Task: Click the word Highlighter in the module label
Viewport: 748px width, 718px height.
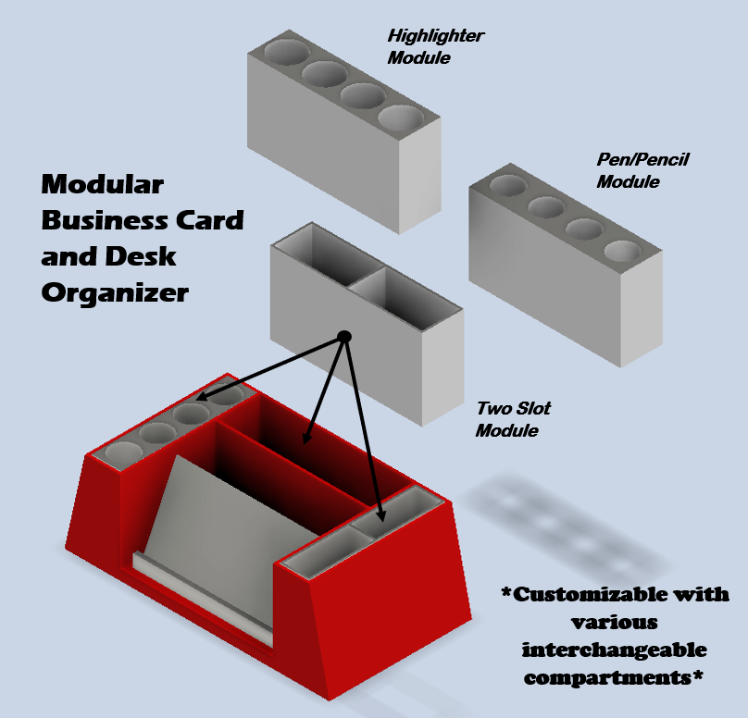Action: tap(436, 36)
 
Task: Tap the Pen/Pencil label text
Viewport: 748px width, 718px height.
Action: tap(642, 160)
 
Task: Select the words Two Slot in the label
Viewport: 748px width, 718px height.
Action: tap(513, 408)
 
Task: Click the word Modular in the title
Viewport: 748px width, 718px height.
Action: tap(102, 185)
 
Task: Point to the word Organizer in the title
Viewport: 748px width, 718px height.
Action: tap(115, 292)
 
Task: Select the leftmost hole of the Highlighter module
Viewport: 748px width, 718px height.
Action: tap(287, 52)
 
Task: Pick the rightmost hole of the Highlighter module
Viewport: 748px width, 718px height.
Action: tap(401, 118)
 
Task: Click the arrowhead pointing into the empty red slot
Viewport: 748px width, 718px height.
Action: tap(306, 429)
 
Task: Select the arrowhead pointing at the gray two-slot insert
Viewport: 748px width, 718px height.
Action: tap(380, 509)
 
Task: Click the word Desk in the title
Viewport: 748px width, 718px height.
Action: tap(143, 256)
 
